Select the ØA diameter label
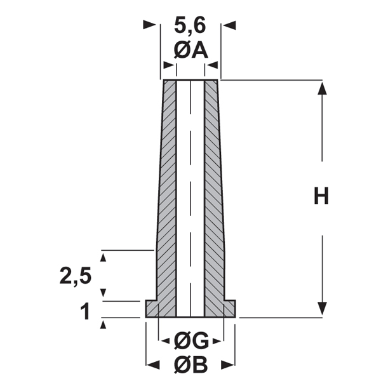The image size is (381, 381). pyautogui.click(x=190, y=50)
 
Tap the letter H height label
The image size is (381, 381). pyautogui.click(x=322, y=197)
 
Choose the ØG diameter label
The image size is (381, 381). pyautogui.click(x=190, y=342)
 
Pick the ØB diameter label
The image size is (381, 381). pyautogui.click(x=190, y=364)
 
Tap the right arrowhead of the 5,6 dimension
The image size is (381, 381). pyautogui.click(x=230, y=25)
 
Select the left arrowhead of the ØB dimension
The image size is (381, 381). pyautogui.click(x=152, y=364)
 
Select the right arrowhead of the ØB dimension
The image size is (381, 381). pyautogui.click(x=229, y=364)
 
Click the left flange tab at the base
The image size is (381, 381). pyautogui.click(x=152, y=309)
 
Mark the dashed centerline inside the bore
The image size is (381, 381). pyautogui.click(x=190, y=190)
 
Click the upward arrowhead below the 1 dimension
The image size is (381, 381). pyautogui.click(x=104, y=324)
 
